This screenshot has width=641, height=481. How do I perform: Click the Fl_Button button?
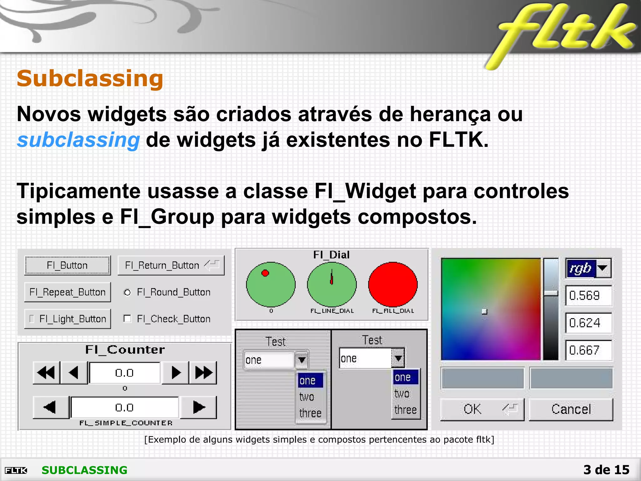pyautogui.click(x=67, y=265)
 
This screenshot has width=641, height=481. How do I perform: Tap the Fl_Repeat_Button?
pyautogui.click(x=67, y=292)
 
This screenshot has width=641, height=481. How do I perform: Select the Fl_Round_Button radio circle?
pyautogui.click(x=127, y=292)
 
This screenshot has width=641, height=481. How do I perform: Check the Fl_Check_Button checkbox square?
pyautogui.click(x=127, y=319)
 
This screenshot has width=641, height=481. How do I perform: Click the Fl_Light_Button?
pyautogui.click(x=67, y=319)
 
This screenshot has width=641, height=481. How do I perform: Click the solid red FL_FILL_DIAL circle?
pyautogui.click(x=393, y=284)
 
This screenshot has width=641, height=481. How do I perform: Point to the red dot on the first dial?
pyautogui.click(x=265, y=273)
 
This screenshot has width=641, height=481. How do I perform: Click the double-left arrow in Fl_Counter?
pyautogui.click(x=46, y=373)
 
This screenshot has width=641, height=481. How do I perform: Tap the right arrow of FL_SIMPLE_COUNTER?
pyautogui.click(x=199, y=407)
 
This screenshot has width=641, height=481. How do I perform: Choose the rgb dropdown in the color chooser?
pyautogui.click(x=588, y=268)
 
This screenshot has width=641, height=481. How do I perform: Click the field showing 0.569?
pyautogui.click(x=588, y=296)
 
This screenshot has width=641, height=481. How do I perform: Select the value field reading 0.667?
pyautogui.click(x=588, y=350)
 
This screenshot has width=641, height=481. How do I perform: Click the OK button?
pyautogui.click(x=482, y=409)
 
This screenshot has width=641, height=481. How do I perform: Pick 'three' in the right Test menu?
pyautogui.click(x=406, y=410)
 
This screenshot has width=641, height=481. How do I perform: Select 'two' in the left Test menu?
pyautogui.click(x=307, y=397)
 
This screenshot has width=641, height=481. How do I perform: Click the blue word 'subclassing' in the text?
pyautogui.click(x=78, y=140)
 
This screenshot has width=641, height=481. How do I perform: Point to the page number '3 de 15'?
pyautogui.click(x=606, y=470)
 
